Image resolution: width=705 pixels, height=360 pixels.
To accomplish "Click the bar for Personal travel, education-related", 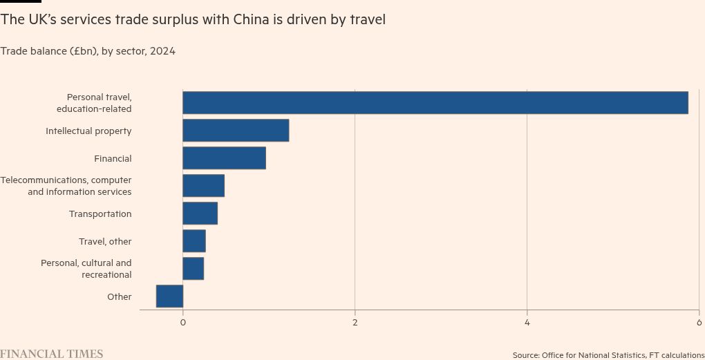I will click(435, 103).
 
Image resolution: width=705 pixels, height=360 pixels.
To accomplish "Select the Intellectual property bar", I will click(236, 131).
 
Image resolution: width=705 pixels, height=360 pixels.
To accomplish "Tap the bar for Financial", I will click(224, 158).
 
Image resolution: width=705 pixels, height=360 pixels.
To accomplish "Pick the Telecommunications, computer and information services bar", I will click(203, 186).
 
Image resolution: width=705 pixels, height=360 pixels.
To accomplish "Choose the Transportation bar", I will click(200, 214).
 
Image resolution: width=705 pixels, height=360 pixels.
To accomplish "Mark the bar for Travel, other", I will click(194, 241).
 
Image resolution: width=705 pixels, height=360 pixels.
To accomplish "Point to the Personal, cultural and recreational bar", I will click(193, 269).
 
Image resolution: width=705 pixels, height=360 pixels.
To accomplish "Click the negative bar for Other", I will click(170, 296).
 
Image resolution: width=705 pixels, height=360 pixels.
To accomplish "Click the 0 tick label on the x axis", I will click(183, 323).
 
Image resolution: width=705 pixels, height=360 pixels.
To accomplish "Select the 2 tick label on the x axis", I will click(355, 323).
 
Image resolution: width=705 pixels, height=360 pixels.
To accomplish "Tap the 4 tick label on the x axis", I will click(527, 323).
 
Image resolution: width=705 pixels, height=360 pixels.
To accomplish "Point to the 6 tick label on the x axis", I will click(699, 323).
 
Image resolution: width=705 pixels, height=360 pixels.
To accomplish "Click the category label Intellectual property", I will click(88, 131).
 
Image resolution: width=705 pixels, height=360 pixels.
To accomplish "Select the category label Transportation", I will click(100, 214).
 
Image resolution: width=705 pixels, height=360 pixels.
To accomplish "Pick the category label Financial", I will click(113, 158).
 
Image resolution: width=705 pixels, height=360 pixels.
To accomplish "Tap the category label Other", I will click(119, 296).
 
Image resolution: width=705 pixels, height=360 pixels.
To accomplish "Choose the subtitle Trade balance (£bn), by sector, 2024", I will click(88, 51).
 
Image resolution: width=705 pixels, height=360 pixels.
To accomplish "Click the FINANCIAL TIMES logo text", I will click(52, 354).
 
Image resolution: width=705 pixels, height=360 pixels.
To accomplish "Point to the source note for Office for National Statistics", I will click(608, 355).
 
